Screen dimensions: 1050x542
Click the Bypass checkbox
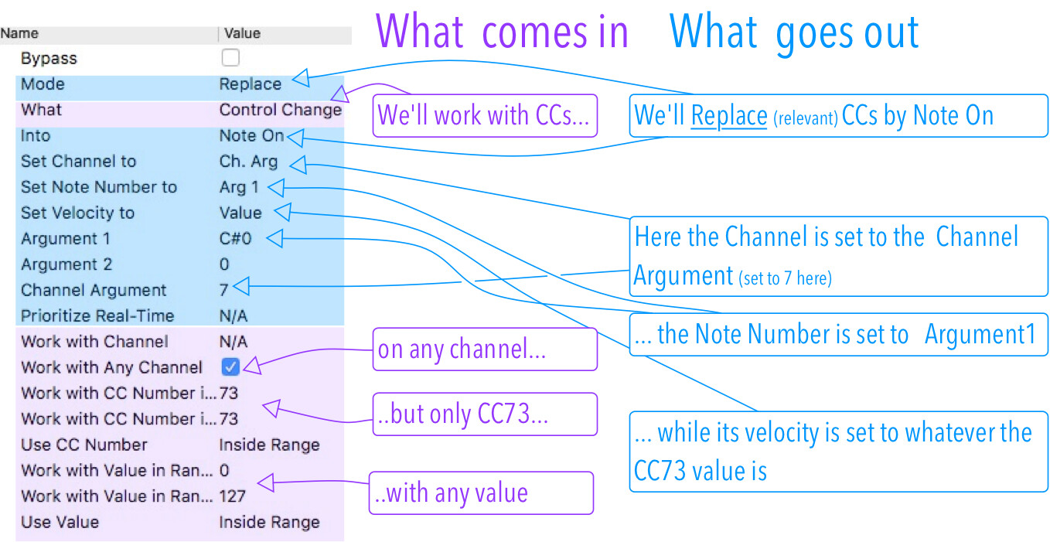click(230, 58)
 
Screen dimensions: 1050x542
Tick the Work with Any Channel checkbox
click(230, 366)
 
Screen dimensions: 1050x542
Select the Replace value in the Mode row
click(251, 84)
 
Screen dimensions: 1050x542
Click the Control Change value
click(281, 110)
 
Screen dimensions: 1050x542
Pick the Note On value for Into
click(252, 135)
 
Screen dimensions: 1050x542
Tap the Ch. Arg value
click(248, 162)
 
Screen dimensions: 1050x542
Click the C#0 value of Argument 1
click(235, 239)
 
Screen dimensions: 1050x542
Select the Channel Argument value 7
click(224, 290)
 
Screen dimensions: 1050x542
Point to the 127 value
click(233, 496)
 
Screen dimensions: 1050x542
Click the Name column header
click(19, 33)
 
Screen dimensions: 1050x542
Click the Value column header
click(242, 33)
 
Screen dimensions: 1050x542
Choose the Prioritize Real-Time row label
click(97, 315)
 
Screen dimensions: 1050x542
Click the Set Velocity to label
click(78, 213)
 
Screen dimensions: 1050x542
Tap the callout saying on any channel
click(485, 349)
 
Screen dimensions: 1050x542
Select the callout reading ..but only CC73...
click(485, 414)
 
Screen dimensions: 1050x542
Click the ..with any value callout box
click(482, 493)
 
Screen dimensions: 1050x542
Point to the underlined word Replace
click(729, 115)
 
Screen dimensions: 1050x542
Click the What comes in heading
click(502, 32)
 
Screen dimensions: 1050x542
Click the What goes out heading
click(793, 32)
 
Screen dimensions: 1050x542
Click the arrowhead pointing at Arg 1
click(276, 188)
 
